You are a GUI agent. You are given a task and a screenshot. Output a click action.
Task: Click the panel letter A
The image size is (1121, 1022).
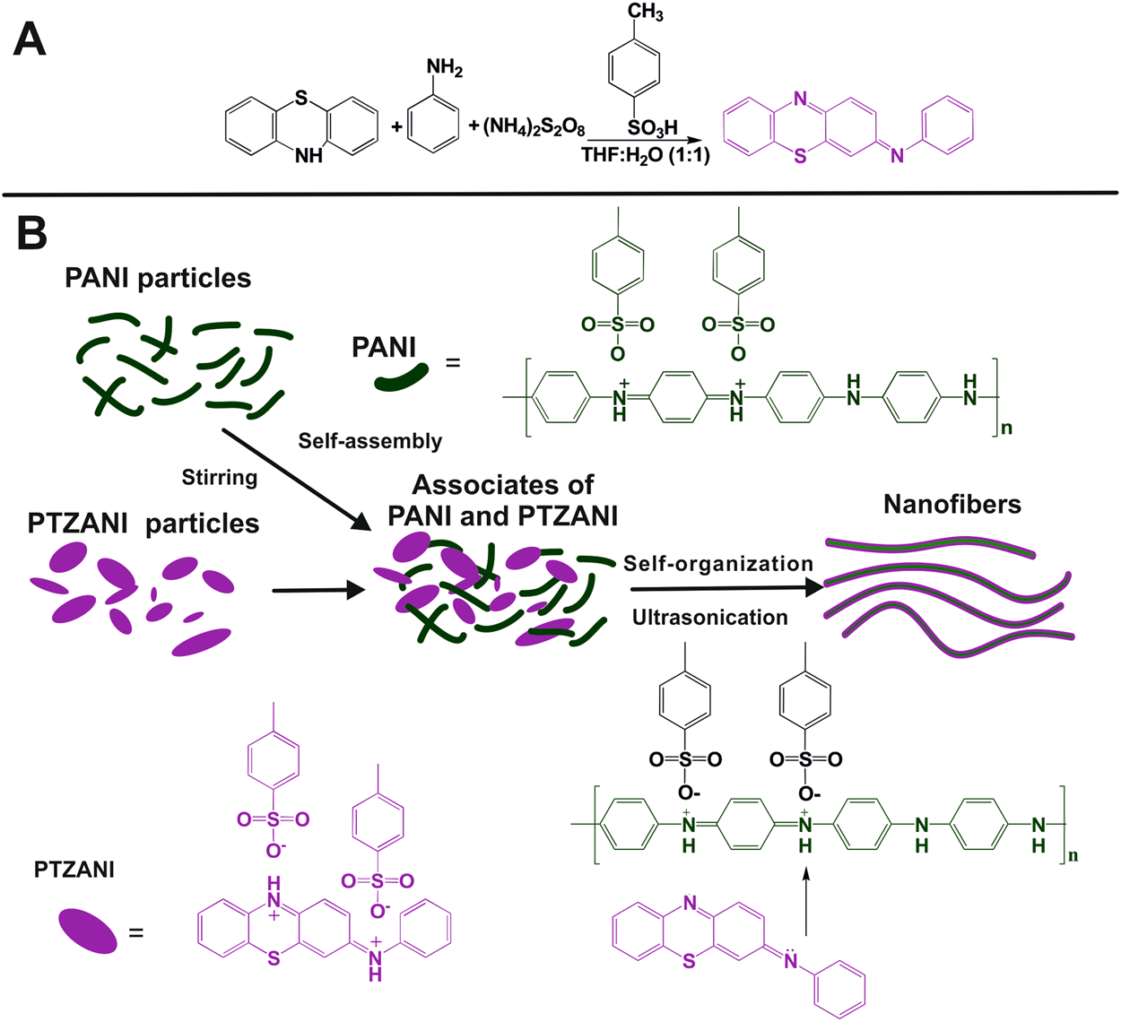(30, 39)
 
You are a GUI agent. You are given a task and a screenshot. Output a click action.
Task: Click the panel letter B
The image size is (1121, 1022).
(31, 232)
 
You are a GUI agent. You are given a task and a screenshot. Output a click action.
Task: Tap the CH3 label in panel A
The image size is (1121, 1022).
(645, 12)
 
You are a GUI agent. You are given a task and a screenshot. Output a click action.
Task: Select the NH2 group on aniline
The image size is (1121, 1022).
(444, 68)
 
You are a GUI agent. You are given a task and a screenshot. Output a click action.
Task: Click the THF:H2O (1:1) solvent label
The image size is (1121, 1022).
(645, 155)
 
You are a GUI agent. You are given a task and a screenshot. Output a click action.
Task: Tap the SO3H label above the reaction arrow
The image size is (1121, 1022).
(652, 127)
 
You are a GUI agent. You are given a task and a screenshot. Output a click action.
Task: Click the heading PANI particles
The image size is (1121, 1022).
(158, 278)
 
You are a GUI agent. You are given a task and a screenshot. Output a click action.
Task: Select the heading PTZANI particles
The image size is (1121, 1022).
(143, 524)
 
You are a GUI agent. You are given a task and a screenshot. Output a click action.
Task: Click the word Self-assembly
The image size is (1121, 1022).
(369, 441)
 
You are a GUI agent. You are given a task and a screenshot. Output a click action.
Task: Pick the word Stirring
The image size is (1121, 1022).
(220, 477)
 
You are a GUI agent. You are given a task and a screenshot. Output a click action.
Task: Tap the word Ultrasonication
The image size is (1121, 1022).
(709, 618)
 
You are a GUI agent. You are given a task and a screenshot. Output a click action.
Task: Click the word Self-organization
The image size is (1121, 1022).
(717, 564)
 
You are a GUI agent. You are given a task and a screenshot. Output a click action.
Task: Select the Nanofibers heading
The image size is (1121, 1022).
(952, 505)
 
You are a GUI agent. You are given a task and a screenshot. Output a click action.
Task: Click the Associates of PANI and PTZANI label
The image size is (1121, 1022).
(502, 500)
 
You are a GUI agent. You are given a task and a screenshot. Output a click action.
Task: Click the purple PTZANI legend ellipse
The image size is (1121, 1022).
(87, 931)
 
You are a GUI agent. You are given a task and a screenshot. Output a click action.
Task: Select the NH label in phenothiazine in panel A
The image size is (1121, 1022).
(308, 156)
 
